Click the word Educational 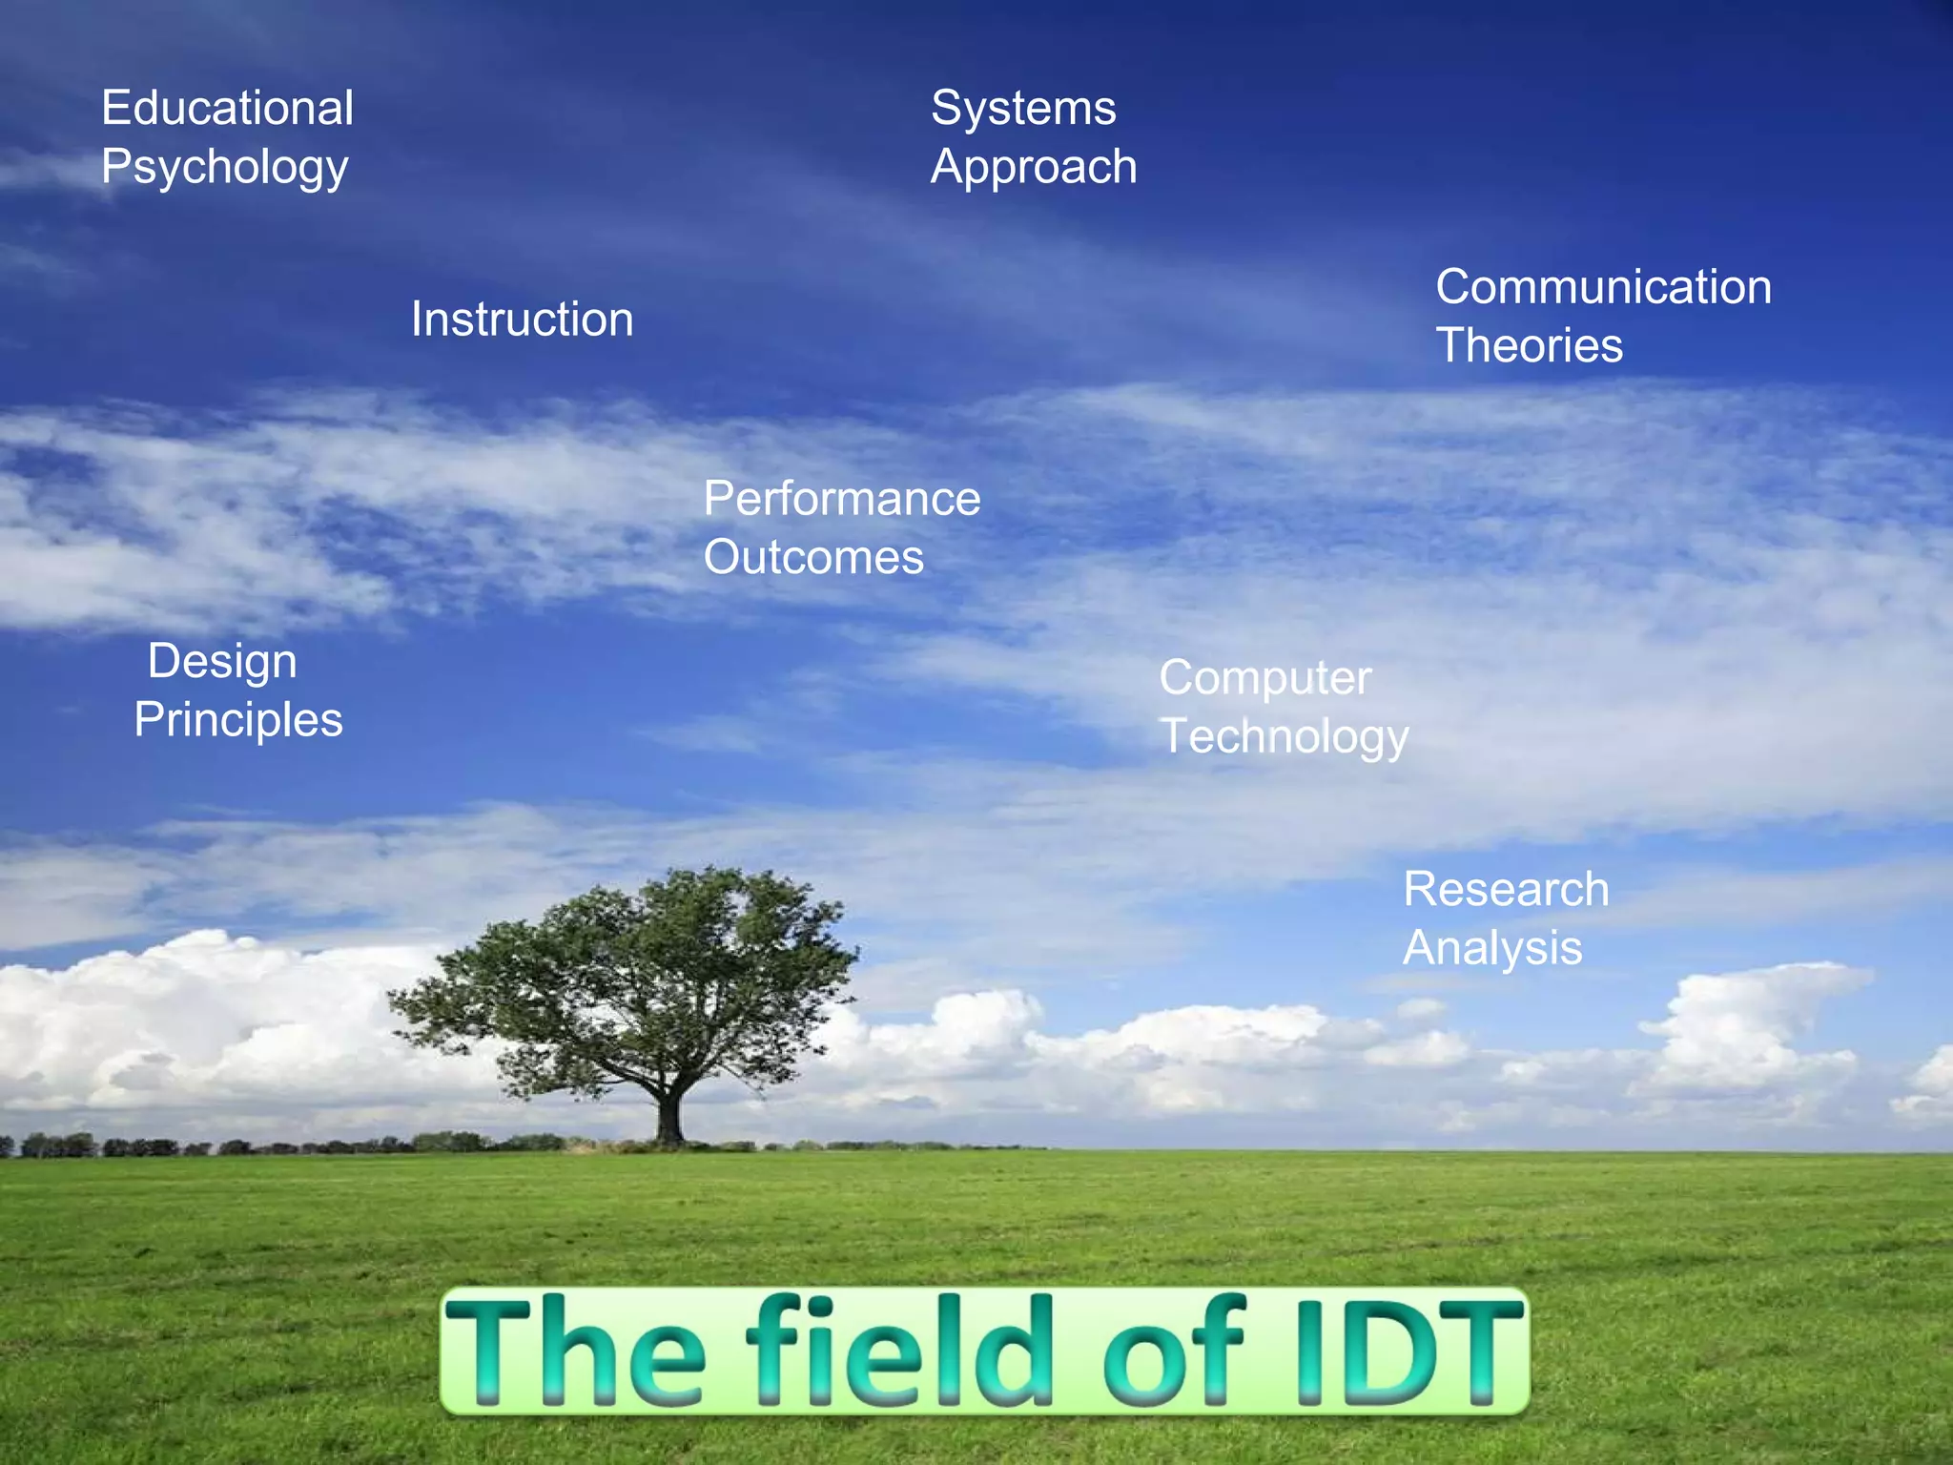pyautogui.click(x=227, y=108)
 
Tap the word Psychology pyautogui.click(x=225, y=168)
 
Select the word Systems pyautogui.click(x=1023, y=108)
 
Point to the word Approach pyautogui.click(x=1034, y=168)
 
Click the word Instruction pyautogui.click(x=522, y=319)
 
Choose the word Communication pyautogui.click(x=1603, y=287)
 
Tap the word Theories pyautogui.click(x=1529, y=345)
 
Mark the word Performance pyautogui.click(x=841, y=499)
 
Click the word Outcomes pyautogui.click(x=813, y=557)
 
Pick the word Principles pyautogui.click(x=238, y=720)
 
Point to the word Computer pyautogui.click(x=1264, y=679)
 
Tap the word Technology pyautogui.click(x=1284, y=737)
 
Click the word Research pyautogui.click(x=1506, y=890)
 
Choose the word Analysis pyautogui.click(x=1492, y=949)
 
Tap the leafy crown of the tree pyautogui.click(x=639, y=973)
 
